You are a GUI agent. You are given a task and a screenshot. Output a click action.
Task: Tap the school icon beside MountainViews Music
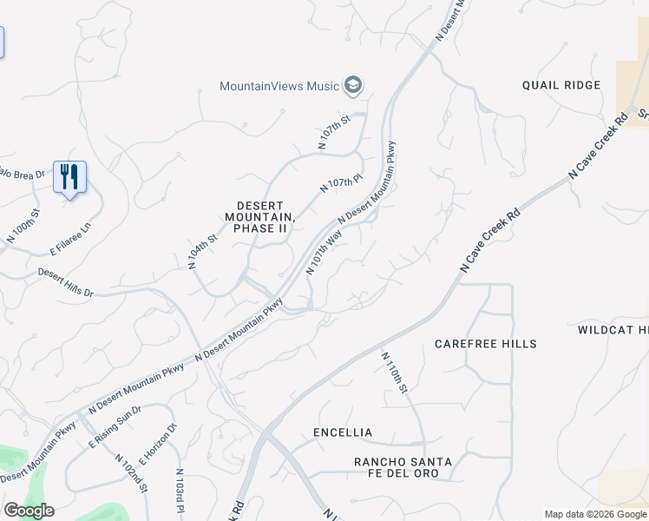[352, 85]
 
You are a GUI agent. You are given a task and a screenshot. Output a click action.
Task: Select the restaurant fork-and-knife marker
[68, 176]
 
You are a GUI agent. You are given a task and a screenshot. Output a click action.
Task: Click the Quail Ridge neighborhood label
[561, 85]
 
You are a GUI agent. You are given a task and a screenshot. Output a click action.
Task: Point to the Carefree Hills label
[486, 344]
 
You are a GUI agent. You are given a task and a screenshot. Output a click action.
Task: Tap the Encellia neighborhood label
[343, 432]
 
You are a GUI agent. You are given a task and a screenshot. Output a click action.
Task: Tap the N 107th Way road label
[324, 253]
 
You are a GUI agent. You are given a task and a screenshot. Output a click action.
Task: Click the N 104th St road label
[202, 252]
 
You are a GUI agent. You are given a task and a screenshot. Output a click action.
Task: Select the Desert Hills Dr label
[65, 282]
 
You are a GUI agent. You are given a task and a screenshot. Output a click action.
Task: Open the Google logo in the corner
[29, 511]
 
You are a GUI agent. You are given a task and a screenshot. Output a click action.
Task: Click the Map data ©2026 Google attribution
[595, 514]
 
